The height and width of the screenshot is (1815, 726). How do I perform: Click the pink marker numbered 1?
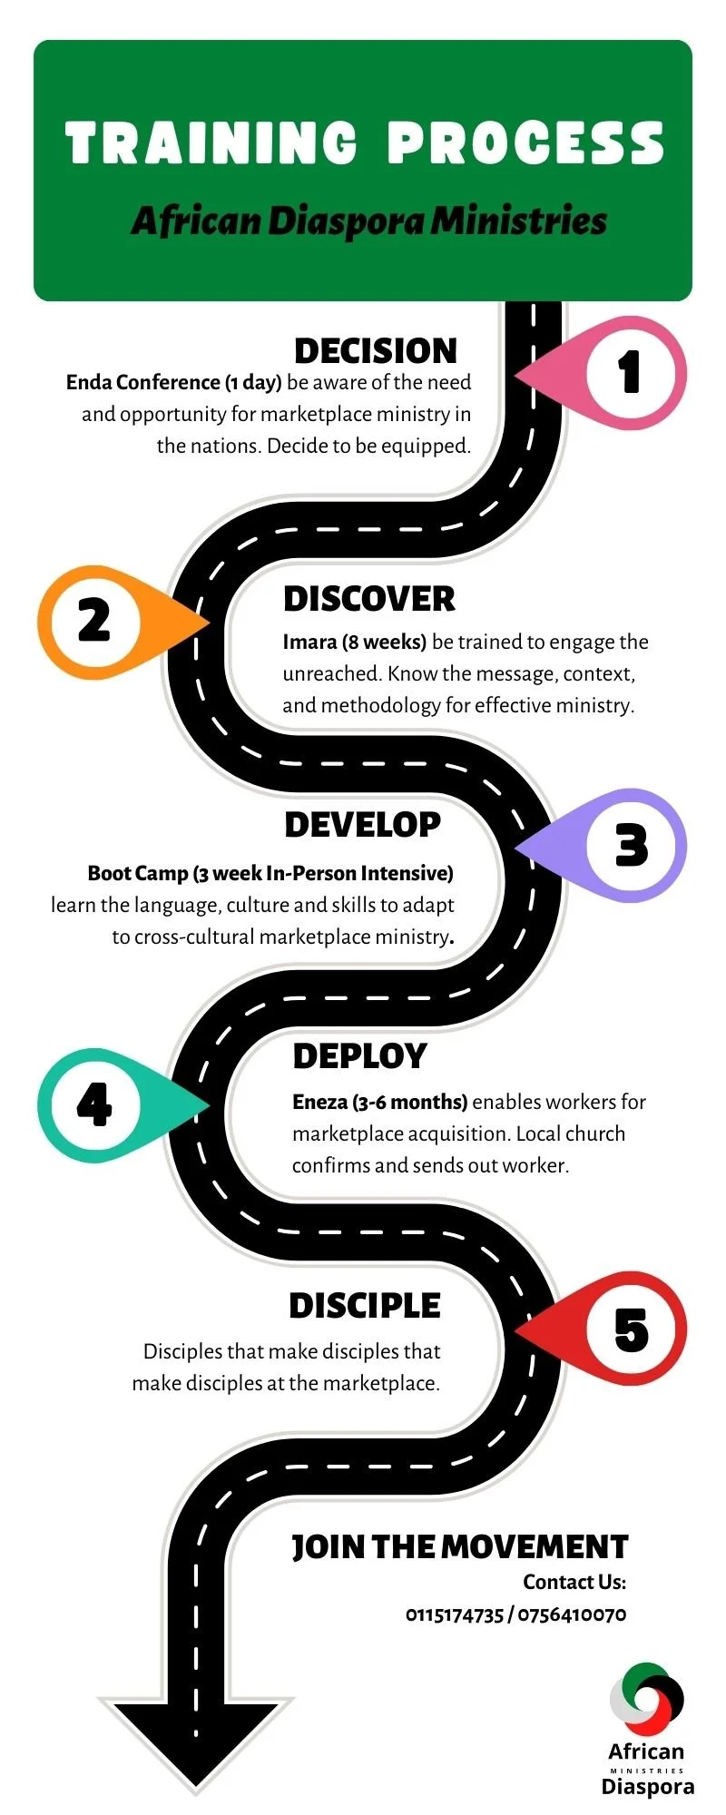coord(630,372)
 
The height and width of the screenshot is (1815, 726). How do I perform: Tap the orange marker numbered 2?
coord(94,622)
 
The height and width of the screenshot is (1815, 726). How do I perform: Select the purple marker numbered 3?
coord(631,845)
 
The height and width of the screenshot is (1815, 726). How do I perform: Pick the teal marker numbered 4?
coord(94,1104)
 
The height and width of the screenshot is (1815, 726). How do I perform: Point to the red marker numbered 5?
coord(631,1329)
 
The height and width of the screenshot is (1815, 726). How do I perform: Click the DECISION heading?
coord(376,351)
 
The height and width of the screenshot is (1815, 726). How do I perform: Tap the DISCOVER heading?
coord(369,599)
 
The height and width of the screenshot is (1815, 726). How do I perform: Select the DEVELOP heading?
coord(363,825)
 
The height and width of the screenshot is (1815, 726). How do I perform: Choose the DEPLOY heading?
coord(359,1056)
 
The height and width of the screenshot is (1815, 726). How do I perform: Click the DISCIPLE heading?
coord(365,1306)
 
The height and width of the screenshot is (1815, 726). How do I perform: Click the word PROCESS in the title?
coord(526,143)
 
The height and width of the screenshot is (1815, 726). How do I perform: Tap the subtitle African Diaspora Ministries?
coord(368,221)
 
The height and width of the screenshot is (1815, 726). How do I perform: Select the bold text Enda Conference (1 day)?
coord(173,383)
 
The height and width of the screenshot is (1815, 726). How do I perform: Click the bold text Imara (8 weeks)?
coord(354,643)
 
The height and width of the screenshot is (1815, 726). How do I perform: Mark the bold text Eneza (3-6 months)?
coord(379,1103)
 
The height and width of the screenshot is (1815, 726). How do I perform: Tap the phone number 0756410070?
coord(572,1614)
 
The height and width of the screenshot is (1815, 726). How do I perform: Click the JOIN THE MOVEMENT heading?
coord(459,1547)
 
